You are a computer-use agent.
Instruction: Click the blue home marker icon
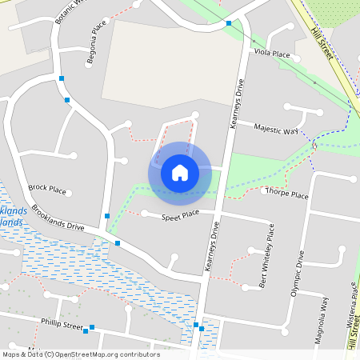click(x=179, y=172)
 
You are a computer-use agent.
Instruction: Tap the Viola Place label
click(x=271, y=54)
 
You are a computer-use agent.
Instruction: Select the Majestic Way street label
click(x=276, y=129)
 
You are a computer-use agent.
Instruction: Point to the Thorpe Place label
click(x=286, y=194)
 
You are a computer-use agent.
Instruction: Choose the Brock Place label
click(x=46, y=189)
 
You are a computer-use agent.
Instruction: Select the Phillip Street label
click(x=62, y=326)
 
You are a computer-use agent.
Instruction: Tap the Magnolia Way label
click(x=324, y=314)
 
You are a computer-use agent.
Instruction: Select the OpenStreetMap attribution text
click(x=80, y=354)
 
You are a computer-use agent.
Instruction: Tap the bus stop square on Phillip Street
click(x=92, y=327)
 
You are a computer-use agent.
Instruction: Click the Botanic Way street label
click(x=68, y=10)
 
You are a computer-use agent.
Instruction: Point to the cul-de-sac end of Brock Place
click(x=70, y=193)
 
